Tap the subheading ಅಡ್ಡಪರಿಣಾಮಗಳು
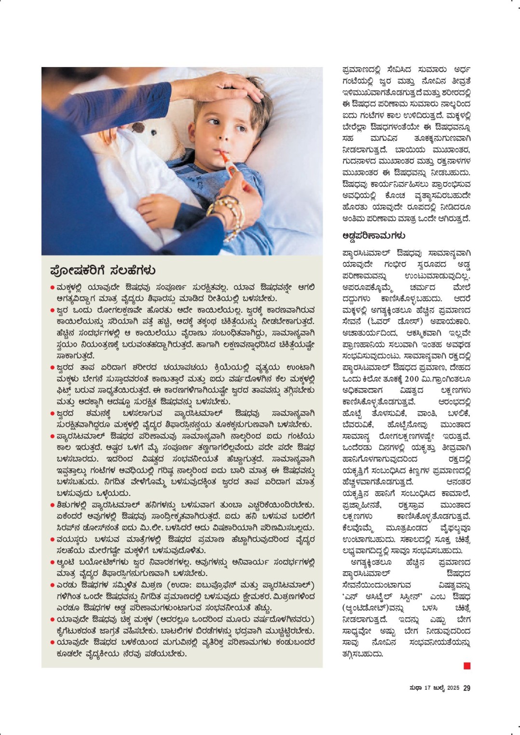[x=373, y=236]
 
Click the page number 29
[x=466, y=688]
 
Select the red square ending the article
[x=466, y=666]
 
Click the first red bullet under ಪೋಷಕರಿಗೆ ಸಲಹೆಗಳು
[x=52, y=288]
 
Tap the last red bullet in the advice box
[x=52, y=642]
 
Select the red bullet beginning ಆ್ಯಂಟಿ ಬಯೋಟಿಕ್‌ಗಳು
[x=52, y=562]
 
